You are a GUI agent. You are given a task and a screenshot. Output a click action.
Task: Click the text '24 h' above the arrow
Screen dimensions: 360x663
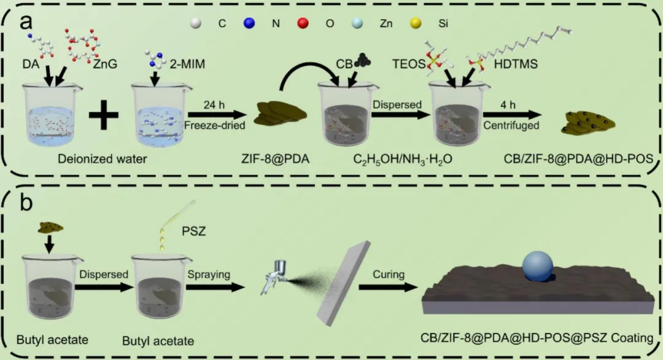coord(216,102)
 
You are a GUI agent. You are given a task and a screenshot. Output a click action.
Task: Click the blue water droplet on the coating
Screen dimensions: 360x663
coord(538,266)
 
